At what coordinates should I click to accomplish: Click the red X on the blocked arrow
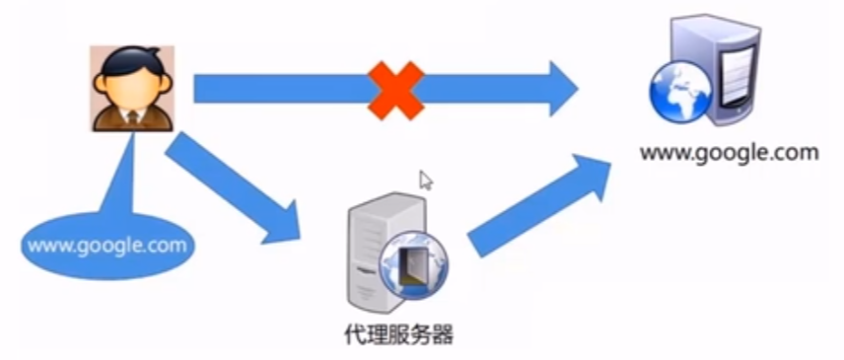point(395,89)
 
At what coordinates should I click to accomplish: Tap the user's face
point(132,86)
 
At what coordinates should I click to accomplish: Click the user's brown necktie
point(133,118)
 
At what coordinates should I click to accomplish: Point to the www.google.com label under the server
point(729,153)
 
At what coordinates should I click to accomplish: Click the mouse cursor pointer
point(426,180)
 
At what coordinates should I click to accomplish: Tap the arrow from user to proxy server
point(231,188)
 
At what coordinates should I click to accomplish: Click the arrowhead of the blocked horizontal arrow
point(563,89)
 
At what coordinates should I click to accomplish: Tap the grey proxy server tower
point(366,252)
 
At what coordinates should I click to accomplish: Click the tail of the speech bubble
point(123,182)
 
